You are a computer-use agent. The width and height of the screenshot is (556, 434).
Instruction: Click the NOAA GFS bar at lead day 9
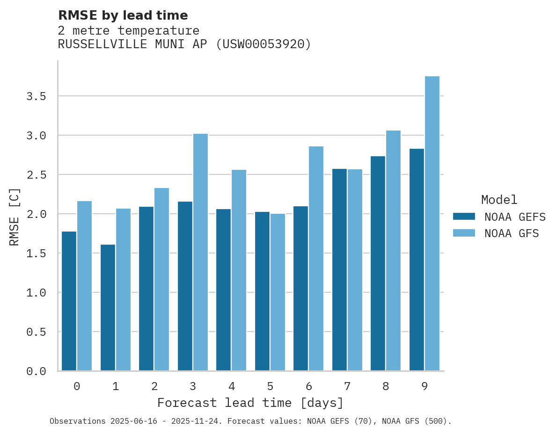click(x=432, y=224)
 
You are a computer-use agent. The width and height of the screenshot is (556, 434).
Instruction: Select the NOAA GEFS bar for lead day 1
click(x=108, y=307)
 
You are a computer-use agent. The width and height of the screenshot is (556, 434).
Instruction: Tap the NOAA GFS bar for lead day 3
click(x=200, y=252)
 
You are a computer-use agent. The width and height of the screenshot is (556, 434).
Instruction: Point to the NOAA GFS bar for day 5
click(x=278, y=292)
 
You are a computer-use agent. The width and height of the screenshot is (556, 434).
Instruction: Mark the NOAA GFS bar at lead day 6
click(x=316, y=258)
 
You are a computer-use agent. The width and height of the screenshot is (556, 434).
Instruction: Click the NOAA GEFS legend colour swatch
click(x=464, y=217)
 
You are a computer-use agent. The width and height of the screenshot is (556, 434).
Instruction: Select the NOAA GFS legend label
click(x=512, y=233)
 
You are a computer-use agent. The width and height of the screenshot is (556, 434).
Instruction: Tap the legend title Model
click(x=499, y=200)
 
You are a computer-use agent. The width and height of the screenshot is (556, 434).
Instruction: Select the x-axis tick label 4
click(x=232, y=386)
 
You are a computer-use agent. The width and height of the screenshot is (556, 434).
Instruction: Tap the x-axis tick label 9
click(x=424, y=386)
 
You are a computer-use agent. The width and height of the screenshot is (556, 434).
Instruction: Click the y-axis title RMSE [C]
click(x=15, y=217)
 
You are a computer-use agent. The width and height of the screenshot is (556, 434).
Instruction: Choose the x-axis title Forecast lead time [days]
click(x=250, y=403)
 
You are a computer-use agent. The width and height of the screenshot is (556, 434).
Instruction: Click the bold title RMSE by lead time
click(x=123, y=15)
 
